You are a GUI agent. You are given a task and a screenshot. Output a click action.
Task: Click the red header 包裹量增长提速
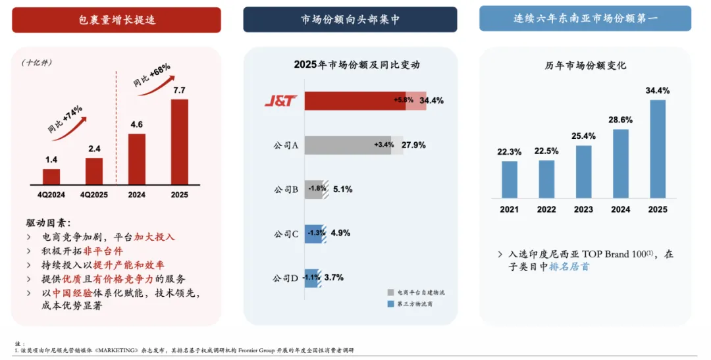117,20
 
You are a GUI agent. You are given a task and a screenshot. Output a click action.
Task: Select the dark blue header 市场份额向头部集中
350,20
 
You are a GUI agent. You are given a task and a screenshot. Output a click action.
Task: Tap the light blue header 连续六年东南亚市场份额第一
585,18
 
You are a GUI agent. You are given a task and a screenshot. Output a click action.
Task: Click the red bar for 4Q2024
51,176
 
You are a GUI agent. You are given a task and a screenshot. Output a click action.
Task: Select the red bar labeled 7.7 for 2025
180,141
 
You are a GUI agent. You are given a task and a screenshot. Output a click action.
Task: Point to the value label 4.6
136,124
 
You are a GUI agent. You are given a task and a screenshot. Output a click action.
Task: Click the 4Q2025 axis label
94,195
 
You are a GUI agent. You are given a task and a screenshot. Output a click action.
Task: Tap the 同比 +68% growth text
151,75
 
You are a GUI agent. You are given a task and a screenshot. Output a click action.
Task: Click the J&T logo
281,101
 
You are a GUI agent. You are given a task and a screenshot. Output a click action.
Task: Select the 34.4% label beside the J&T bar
431,101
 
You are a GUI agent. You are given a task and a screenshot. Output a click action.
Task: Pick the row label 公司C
286,234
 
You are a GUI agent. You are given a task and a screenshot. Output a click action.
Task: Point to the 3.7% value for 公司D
334,278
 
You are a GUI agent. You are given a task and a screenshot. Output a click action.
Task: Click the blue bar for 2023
583,172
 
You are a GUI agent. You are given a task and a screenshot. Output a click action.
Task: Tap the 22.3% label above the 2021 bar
510,151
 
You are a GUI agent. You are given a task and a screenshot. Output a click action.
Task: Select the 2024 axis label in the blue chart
620,209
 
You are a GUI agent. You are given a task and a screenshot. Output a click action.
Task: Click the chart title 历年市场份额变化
585,66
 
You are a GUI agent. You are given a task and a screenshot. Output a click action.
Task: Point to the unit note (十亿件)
36,63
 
